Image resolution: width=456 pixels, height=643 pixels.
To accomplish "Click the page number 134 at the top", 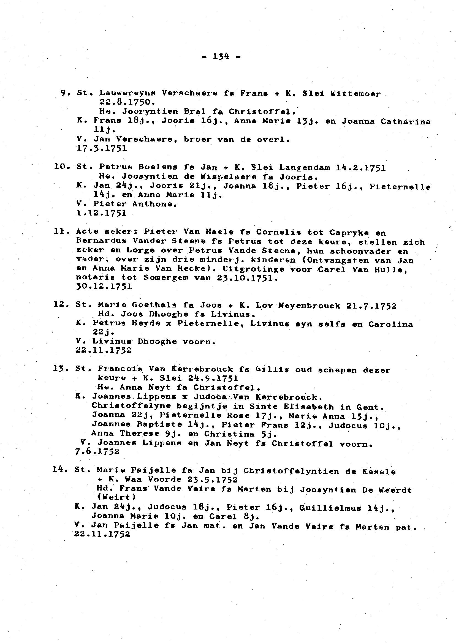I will pyautogui.click(x=221, y=57).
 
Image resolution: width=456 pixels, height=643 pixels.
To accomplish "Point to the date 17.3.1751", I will pyautogui.click(x=102, y=148).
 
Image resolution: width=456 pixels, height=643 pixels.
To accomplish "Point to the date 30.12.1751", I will pyautogui.click(x=104, y=287).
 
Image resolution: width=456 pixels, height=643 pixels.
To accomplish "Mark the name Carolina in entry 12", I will pyautogui.click(x=390, y=325).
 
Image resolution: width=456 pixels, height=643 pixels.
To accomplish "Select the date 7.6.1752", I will pyautogui.click(x=97, y=452).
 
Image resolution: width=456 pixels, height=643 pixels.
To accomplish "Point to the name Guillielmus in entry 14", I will pyautogui.click(x=330, y=508).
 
